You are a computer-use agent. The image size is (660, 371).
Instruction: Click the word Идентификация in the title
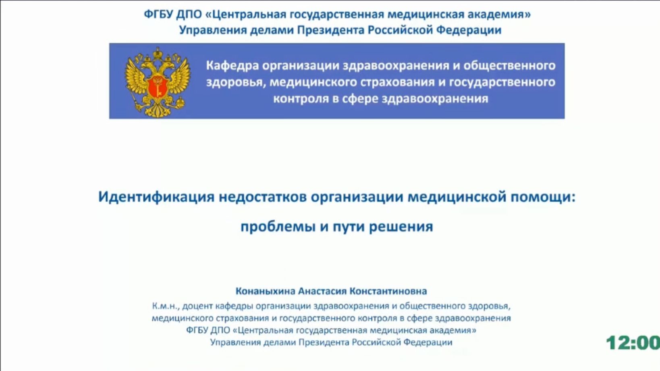156,197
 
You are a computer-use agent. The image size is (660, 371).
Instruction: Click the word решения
401,227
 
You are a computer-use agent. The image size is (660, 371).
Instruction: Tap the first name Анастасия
322,291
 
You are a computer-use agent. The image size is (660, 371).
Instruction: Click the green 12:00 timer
633,343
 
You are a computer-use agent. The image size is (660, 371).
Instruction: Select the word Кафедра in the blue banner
232,65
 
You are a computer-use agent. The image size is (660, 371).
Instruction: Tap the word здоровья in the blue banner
236,82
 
